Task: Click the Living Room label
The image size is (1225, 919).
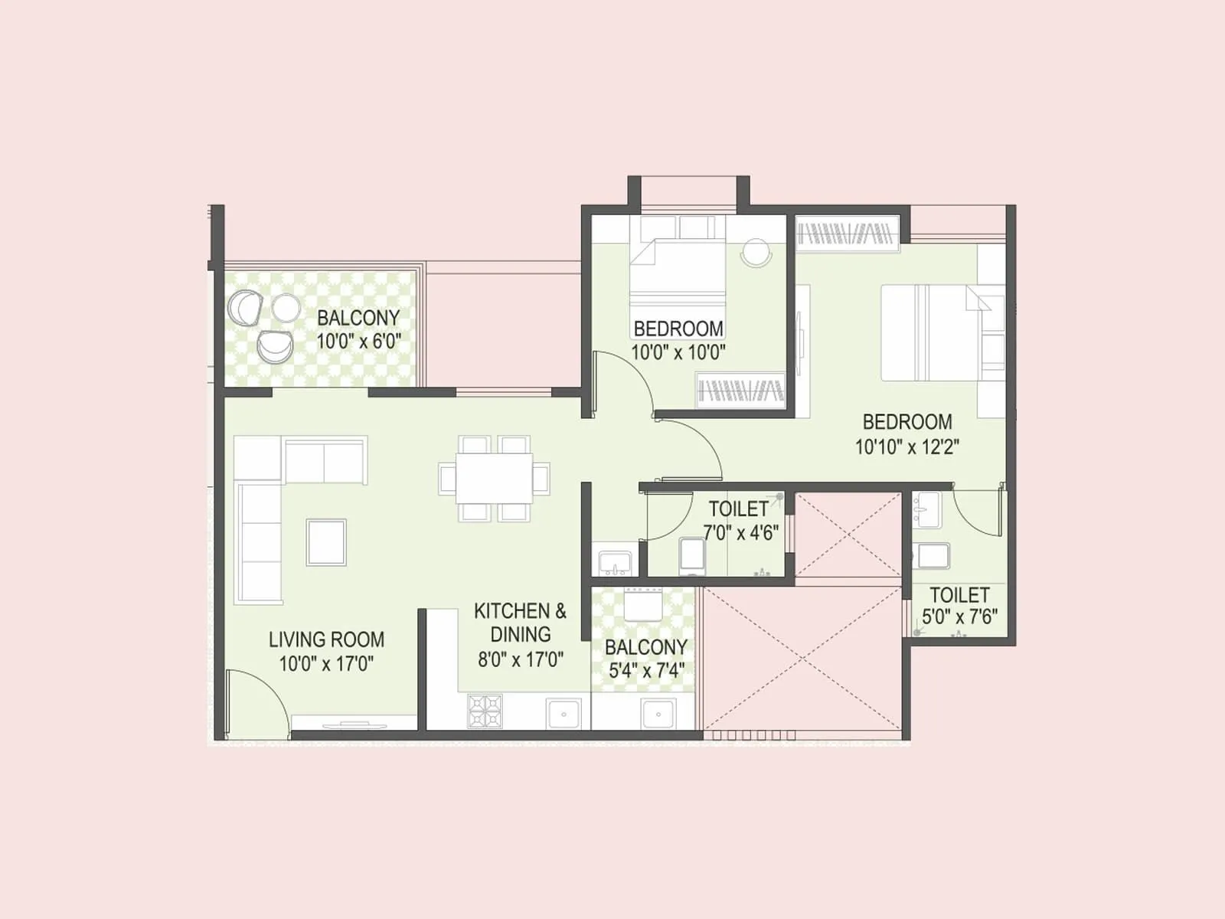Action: coord(326,639)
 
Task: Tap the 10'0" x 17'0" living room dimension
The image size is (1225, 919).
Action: coord(326,663)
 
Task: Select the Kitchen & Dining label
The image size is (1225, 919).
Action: coord(521,623)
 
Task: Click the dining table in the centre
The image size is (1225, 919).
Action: coord(495,478)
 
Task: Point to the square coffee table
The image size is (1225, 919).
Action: coord(326,541)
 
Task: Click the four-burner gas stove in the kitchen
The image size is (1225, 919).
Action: coord(485,711)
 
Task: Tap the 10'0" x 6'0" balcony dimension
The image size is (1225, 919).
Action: coord(359,342)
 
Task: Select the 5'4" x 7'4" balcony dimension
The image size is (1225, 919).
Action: coord(646,671)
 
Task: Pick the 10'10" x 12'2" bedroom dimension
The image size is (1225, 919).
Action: coord(907,446)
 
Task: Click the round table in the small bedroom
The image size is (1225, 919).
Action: coord(756,252)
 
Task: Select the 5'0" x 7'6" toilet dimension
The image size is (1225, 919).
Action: coord(959,616)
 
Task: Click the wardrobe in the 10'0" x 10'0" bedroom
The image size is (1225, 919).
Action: coord(741,391)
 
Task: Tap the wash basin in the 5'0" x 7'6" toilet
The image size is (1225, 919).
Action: coord(927,509)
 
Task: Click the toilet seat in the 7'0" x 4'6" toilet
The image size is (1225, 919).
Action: coord(692,555)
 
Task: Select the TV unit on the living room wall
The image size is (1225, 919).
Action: coord(353,724)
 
